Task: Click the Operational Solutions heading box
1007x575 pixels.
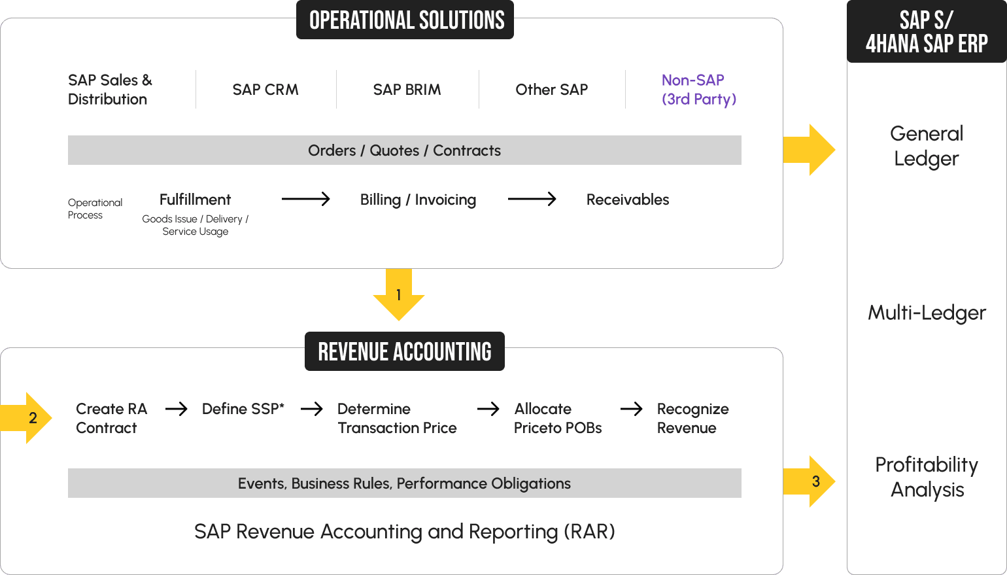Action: pos(405,20)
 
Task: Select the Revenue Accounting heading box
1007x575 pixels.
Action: pos(404,352)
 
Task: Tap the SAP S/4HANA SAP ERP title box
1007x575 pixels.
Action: pos(926,31)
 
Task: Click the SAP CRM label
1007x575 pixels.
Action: pos(265,90)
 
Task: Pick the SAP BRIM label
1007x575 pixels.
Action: pos(407,90)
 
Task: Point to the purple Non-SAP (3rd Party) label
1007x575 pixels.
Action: pos(698,90)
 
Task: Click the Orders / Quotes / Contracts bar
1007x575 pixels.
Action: pos(404,150)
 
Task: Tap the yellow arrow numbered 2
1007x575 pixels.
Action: pos(28,418)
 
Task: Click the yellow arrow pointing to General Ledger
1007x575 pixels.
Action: pos(810,150)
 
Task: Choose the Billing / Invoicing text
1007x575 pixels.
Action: pos(418,200)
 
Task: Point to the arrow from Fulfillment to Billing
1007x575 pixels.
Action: pos(305,199)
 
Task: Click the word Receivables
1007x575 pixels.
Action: pos(627,200)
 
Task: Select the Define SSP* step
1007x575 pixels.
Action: pos(243,409)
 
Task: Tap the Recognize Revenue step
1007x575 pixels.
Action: pos(692,418)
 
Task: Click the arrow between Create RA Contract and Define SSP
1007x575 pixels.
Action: pos(176,409)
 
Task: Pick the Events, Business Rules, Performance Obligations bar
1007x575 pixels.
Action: pos(404,483)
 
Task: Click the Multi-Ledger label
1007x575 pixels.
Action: pos(926,313)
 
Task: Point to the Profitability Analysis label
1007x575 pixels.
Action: pos(926,477)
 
